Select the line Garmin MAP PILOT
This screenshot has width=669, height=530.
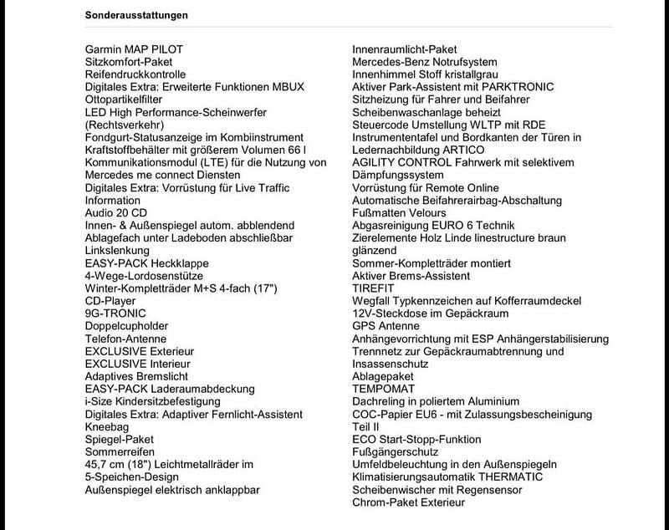point(134,49)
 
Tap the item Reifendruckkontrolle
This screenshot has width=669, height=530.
point(135,74)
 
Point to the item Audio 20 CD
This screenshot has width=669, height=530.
point(116,213)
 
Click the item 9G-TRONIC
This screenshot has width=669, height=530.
point(115,313)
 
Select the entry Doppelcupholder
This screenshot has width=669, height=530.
point(126,326)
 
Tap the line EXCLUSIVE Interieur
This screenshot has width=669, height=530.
point(137,364)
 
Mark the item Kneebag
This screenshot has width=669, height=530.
point(107,426)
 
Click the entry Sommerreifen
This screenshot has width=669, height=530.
point(122,451)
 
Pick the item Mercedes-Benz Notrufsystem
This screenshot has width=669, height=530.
point(425,62)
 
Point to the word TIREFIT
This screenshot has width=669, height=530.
point(373,288)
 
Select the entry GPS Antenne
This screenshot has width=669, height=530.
point(386,326)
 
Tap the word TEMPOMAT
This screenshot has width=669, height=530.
point(384,389)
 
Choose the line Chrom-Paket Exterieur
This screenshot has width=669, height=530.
point(408,502)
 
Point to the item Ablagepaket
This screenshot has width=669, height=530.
point(383,376)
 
